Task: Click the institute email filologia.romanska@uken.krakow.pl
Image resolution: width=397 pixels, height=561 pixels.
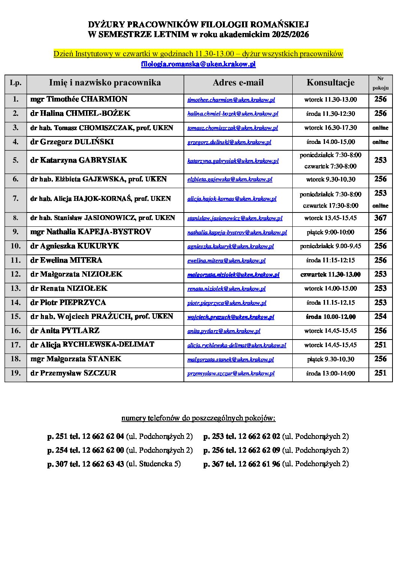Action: (198, 64)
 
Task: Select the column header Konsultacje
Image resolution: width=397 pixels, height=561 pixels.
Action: (330, 83)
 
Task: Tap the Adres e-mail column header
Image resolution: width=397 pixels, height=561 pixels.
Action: (238, 83)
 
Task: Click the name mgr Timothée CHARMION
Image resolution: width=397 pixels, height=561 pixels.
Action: (79, 99)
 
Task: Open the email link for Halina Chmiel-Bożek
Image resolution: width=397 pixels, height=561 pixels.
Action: (233, 114)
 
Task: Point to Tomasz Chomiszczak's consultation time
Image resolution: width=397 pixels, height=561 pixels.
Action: (330, 128)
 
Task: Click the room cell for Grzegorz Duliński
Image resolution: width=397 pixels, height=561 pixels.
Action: (380, 142)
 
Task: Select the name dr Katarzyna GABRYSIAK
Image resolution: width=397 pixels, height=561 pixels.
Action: (79, 160)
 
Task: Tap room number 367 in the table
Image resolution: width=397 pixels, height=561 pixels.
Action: (380, 218)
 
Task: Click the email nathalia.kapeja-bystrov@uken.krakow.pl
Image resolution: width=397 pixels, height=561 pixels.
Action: (237, 232)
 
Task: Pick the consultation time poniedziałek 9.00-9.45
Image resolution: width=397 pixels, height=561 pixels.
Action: (330, 246)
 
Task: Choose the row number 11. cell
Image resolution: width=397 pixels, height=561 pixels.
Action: (15, 260)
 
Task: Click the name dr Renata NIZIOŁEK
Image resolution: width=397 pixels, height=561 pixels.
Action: (69, 289)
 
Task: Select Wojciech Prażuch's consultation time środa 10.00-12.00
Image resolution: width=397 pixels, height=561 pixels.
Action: (330, 317)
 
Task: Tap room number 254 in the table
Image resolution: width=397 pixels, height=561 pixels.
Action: (380, 317)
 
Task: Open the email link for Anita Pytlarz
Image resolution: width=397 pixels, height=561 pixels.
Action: (224, 331)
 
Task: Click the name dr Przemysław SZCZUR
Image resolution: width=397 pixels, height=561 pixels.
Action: (73, 373)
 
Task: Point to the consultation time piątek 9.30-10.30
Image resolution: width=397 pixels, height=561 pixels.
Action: (330, 359)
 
